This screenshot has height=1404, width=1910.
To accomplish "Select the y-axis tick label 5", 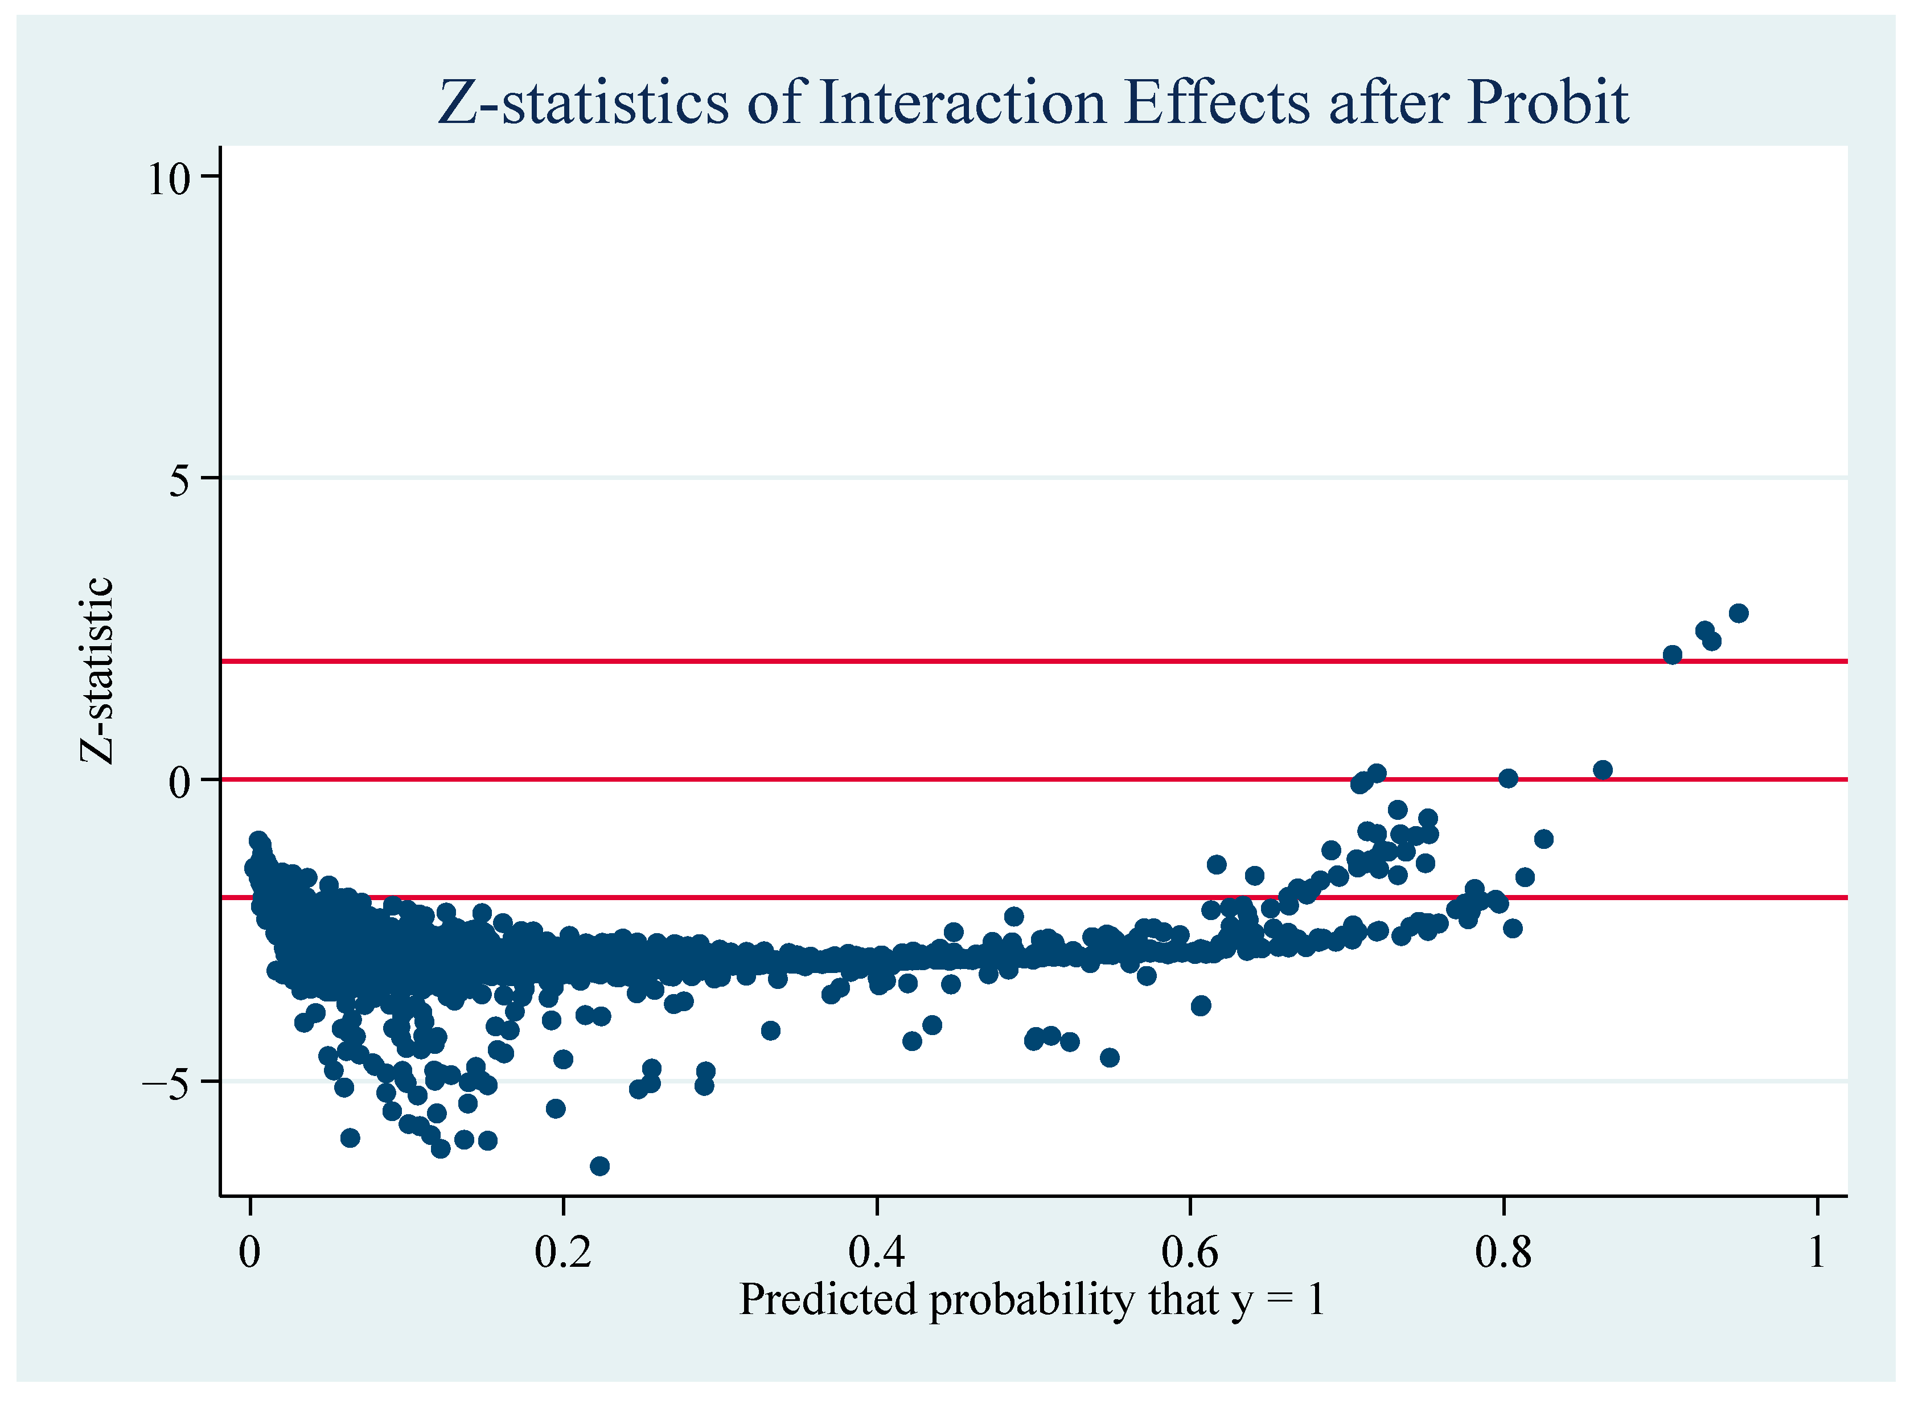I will (x=180, y=480).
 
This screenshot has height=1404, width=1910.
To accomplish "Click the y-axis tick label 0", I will (x=180, y=782).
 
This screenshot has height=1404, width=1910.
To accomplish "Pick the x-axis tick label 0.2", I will (x=562, y=1252).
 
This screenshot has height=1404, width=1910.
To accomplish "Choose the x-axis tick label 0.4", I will (x=876, y=1252).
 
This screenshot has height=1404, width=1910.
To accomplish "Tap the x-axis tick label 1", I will (x=1817, y=1252).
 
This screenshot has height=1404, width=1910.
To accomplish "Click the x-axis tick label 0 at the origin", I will (x=250, y=1252).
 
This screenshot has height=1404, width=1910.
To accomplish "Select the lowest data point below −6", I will (x=600, y=1166).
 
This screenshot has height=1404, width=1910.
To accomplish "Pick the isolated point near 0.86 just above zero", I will (x=1603, y=770).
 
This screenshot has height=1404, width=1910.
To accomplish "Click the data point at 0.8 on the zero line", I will (x=1508, y=778).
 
